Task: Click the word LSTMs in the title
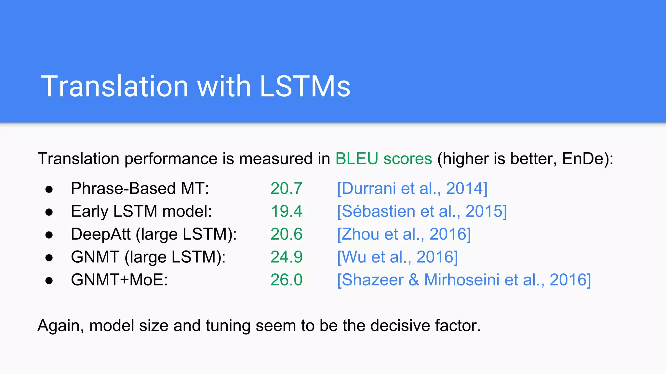305,86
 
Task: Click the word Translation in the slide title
114,86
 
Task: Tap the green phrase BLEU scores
384,159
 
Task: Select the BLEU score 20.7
286,188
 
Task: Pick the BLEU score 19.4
286,211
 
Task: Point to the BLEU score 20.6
286,234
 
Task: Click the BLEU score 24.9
286,257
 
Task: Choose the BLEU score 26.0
286,280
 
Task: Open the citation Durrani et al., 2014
412,188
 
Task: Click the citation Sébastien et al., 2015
422,211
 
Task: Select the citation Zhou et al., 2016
404,234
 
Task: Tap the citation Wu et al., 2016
397,257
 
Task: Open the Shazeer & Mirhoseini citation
464,280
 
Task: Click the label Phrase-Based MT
140,188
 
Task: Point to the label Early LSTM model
141,211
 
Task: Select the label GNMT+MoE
119,280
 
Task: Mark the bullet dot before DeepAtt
49,235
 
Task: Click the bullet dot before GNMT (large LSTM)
49,258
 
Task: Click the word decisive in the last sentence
400,325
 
